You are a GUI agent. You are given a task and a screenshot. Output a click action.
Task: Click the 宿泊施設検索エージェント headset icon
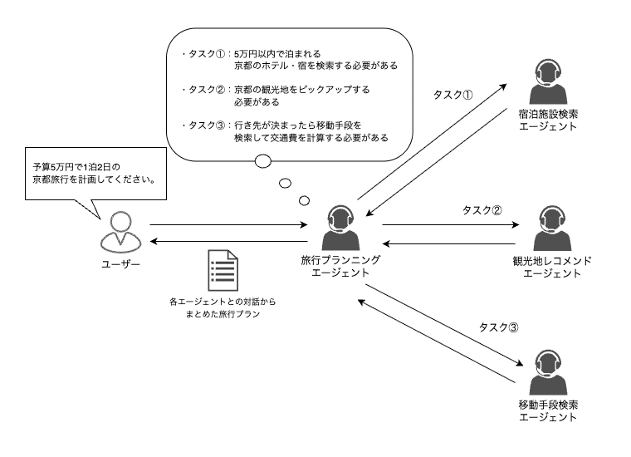pyautogui.click(x=547, y=81)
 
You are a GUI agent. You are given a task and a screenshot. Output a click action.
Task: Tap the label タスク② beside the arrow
pyautogui.click(x=482, y=211)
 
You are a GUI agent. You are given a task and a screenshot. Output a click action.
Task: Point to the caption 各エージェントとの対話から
pyautogui.click(x=220, y=302)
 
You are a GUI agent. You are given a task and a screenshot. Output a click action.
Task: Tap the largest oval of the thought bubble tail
pyautogui.click(x=263, y=161)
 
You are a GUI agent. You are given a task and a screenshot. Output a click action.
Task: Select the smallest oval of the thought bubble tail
pyautogui.click(x=305, y=199)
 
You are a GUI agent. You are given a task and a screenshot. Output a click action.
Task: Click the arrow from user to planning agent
pyautogui.click(x=229, y=224)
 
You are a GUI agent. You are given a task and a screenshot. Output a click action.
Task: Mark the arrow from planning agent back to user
pyautogui.click(x=229, y=240)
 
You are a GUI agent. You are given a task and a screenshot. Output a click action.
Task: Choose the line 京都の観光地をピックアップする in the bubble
pyautogui.click(x=301, y=89)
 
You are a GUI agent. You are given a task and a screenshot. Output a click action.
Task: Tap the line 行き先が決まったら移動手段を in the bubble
pyautogui.click(x=303, y=125)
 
